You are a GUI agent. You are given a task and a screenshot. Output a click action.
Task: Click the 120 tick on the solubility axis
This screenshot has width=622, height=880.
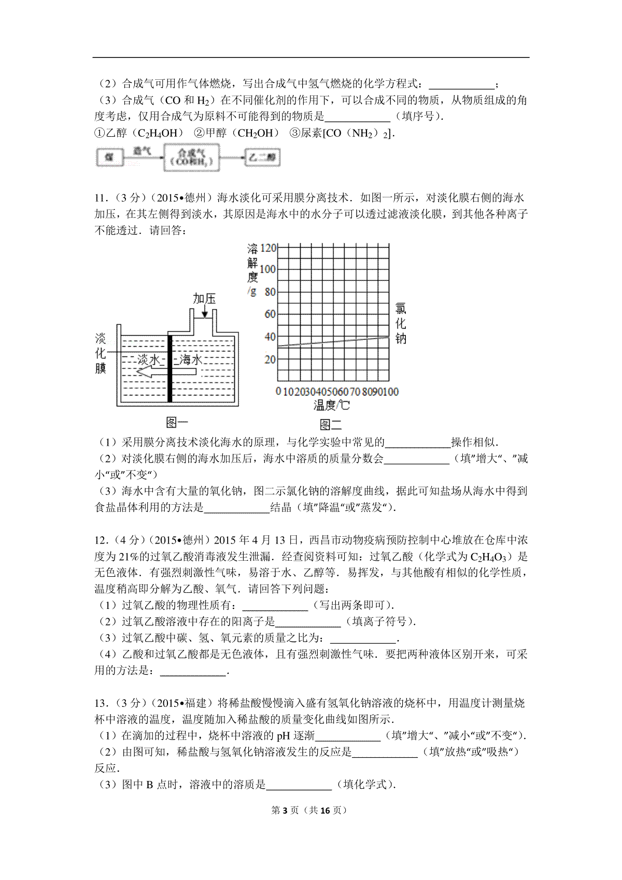tap(268, 248)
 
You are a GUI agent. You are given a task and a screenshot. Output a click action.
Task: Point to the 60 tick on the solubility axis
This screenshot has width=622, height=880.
tap(270, 314)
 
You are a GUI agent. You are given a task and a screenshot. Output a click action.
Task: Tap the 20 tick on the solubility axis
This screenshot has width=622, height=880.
tap(270, 359)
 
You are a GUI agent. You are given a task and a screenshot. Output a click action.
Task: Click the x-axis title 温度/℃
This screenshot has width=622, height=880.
tap(331, 405)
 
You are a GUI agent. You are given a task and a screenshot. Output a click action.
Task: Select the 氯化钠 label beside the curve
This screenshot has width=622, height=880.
tap(401, 324)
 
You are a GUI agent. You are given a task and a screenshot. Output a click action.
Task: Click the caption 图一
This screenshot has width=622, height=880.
tap(176, 422)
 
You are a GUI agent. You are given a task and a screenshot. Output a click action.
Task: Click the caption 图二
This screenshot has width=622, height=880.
tap(330, 425)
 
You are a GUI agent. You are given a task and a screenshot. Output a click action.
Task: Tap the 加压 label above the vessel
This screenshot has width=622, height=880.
tap(204, 299)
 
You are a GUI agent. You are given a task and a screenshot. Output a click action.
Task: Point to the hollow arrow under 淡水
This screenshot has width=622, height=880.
tap(151, 372)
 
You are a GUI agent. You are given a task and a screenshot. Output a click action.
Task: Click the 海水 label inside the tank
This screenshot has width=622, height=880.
tap(190, 359)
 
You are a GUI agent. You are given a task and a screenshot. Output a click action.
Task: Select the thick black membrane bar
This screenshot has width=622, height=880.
tap(169, 368)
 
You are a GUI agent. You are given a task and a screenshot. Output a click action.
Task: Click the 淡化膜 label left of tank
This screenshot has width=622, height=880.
tap(101, 353)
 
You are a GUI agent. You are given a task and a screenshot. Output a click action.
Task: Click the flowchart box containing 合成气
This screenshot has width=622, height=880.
tap(191, 157)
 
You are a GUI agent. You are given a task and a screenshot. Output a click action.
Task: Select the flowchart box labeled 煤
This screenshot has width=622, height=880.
tap(109, 157)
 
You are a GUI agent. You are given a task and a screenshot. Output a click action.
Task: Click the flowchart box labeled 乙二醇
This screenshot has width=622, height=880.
tap(262, 157)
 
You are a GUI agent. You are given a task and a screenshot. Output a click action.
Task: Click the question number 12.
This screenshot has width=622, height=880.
tap(100, 541)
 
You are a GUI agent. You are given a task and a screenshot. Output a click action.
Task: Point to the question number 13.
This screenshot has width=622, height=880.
tap(100, 703)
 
